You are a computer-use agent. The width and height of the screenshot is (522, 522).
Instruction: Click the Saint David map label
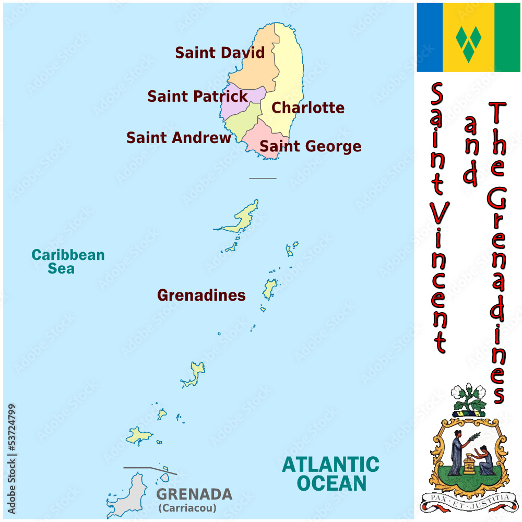tap(220, 53)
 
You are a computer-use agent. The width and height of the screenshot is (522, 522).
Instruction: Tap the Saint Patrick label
tap(197, 97)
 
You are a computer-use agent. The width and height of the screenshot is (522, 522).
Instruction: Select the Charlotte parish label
tap(308, 108)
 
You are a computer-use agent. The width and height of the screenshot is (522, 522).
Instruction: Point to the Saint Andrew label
tap(179, 138)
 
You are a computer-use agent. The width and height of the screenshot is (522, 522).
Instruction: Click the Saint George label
tap(310, 147)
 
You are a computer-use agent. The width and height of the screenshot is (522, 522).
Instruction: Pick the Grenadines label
tap(201, 295)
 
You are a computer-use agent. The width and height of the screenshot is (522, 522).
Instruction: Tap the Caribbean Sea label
tap(68, 262)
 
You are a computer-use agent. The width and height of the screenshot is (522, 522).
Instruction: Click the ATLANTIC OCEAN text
tap(331, 473)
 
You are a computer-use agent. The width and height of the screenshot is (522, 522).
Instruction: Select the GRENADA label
tap(194, 494)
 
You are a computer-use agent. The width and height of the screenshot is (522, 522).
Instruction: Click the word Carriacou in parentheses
tap(187, 508)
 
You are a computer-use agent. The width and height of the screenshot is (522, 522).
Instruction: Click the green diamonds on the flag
tap(468, 38)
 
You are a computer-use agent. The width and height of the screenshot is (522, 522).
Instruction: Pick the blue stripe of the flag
tap(429, 38)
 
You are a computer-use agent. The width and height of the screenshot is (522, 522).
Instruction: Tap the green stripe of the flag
tap(507, 38)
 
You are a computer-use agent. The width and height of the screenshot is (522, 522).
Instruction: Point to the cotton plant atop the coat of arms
tap(468, 398)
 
